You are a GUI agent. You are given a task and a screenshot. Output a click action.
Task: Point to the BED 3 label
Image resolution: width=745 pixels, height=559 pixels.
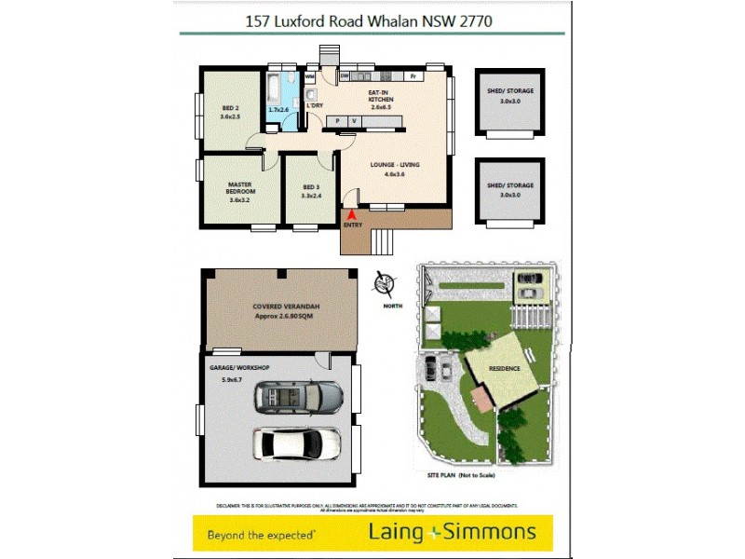[x=310, y=192]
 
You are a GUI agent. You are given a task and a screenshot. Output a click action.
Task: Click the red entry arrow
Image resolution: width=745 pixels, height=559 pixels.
[x=352, y=214]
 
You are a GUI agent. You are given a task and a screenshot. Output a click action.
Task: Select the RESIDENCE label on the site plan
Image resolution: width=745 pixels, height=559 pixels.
[x=504, y=369]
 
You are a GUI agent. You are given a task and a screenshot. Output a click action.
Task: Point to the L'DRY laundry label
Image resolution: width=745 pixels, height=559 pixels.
[x=314, y=105]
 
